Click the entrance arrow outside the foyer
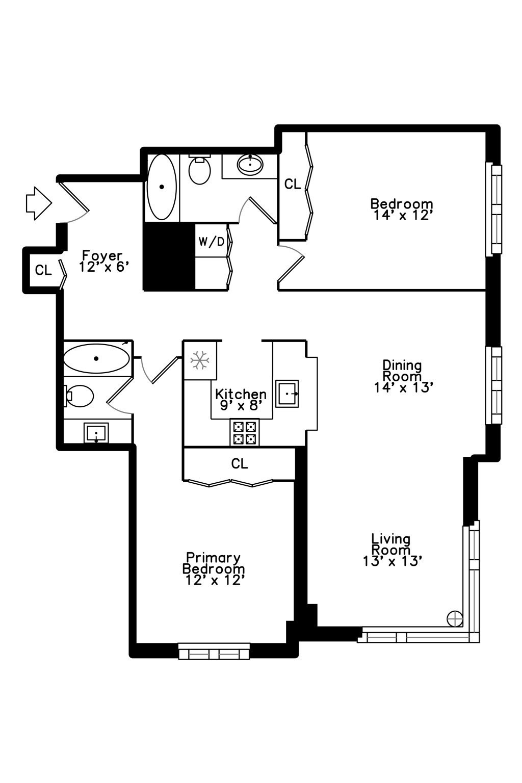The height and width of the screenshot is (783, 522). click(39, 203)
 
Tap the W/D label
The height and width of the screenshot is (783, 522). click(211, 241)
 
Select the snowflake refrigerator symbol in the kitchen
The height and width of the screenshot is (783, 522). click(200, 360)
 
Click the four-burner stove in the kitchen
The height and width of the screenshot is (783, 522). click(244, 432)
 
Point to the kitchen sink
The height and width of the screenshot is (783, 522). click(287, 394)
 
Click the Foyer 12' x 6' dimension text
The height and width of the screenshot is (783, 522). click(102, 267)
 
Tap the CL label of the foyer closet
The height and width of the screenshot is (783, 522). click(43, 270)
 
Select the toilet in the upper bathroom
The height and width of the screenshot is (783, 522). click(199, 169)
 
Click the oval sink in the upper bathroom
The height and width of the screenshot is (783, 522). click(250, 164)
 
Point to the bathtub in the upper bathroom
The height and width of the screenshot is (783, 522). click(162, 187)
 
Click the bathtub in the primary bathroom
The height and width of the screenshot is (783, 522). click(96, 358)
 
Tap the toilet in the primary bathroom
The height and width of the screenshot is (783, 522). click(79, 396)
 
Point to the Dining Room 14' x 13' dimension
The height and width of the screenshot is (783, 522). click(403, 387)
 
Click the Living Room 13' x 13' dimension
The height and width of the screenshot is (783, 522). click(393, 561)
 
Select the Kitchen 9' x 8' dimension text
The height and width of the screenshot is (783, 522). click(241, 405)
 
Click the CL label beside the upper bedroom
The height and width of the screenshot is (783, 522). click(293, 184)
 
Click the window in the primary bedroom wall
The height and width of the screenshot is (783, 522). click(214, 651)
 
